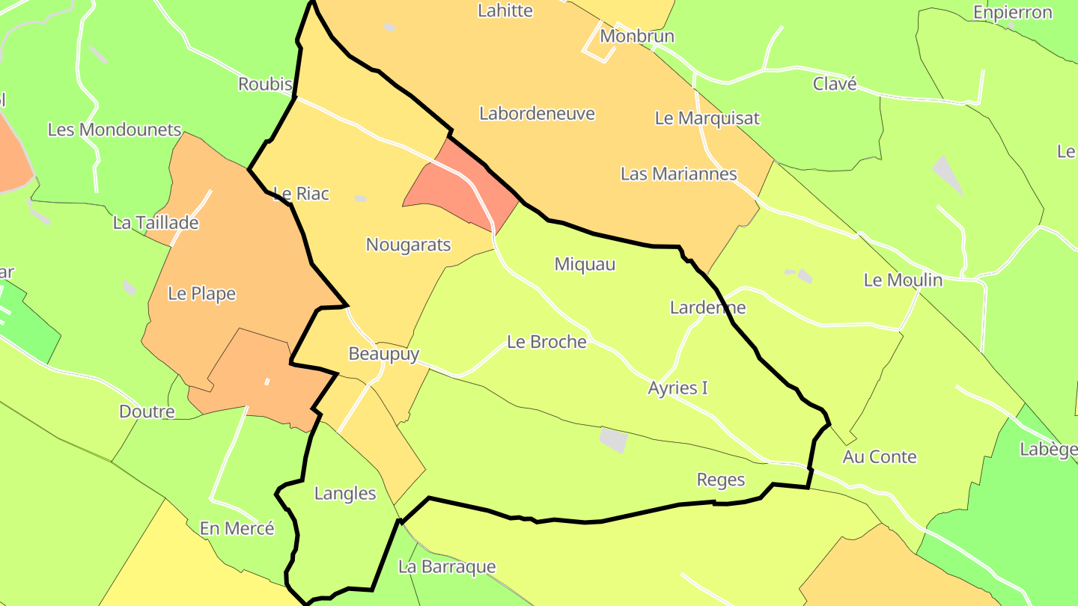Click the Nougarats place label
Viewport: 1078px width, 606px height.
(x=408, y=245)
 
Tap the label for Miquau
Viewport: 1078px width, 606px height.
(x=585, y=264)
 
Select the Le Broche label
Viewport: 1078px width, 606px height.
(x=546, y=342)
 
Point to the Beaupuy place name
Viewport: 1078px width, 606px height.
(x=383, y=354)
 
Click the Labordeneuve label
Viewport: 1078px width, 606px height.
(x=537, y=114)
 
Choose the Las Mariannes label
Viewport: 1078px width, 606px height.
(x=678, y=174)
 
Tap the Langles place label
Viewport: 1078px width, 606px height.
(x=345, y=494)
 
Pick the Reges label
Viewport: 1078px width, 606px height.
(x=720, y=480)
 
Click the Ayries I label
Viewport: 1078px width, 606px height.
(x=677, y=388)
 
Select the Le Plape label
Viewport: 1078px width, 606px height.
(x=201, y=294)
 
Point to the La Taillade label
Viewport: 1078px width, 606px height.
(x=156, y=223)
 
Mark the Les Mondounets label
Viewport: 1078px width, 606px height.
(x=115, y=130)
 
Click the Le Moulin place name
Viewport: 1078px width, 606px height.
(x=903, y=281)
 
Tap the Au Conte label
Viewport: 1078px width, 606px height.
(x=879, y=457)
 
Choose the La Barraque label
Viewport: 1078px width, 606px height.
(x=446, y=567)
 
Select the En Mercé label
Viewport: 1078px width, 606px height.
(x=237, y=529)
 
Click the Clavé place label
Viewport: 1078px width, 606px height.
(x=834, y=85)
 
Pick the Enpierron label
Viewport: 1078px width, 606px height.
(x=1012, y=13)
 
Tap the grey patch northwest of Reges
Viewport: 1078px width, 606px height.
(x=613, y=440)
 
